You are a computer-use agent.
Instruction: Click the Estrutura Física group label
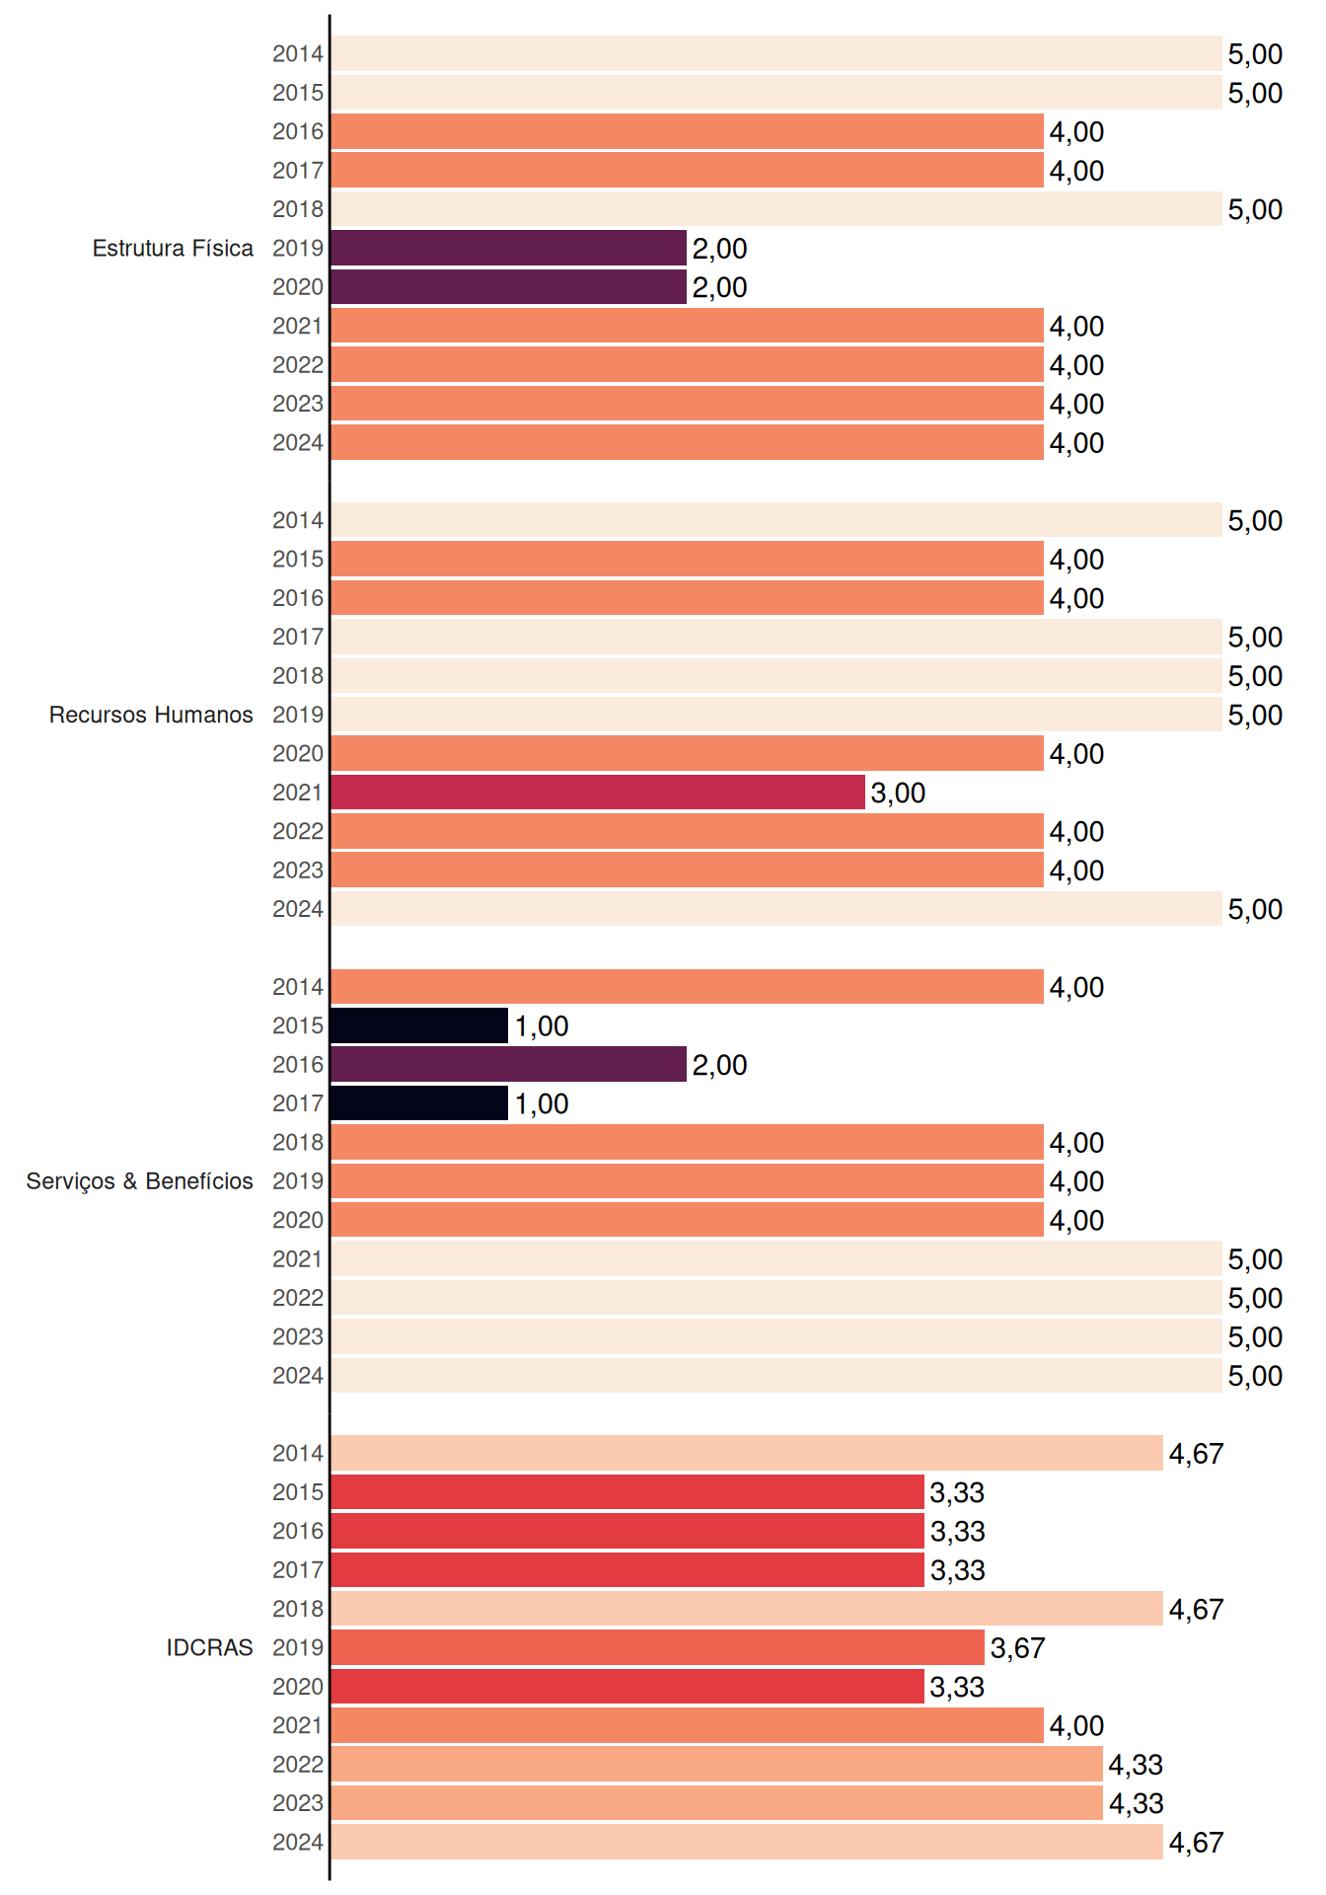coord(173,248)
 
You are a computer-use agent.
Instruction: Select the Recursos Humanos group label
coord(151,715)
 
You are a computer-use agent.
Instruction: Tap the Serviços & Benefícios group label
coord(139,1181)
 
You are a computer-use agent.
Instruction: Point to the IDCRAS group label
coord(209,1647)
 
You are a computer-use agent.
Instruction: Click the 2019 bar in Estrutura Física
coord(509,248)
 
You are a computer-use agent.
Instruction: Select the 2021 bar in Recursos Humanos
coord(598,793)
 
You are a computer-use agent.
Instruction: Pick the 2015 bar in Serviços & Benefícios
coord(419,1025)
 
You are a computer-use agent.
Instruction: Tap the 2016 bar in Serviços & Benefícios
coord(509,1064)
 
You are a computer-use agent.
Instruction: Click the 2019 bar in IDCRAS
coord(658,1647)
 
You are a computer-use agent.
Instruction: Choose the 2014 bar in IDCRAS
coord(747,1453)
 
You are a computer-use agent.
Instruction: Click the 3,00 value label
coord(898,793)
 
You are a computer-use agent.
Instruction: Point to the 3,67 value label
coord(1017,1647)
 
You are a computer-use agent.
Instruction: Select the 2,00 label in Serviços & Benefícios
coord(719,1065)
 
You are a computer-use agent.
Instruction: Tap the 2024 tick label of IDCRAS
coord(298,1842)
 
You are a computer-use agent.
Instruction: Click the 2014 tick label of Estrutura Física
coord(298,53)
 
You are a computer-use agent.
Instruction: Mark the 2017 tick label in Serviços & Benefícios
coord(298,1103)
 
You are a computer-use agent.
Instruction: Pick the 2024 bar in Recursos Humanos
coord(776,909)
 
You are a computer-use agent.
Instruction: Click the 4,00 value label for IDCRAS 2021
coord(1076,1725)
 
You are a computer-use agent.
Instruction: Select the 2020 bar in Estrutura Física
coord(509,287)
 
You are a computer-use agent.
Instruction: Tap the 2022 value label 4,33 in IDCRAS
coord(1136,1764)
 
